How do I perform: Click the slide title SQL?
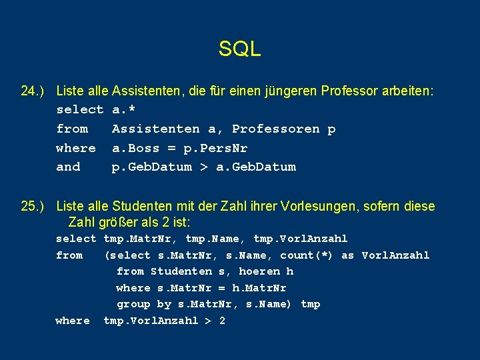click(239, 49)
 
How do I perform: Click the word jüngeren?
click(259, 91)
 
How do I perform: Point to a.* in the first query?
click(125, 110)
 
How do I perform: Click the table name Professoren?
click(275, 129)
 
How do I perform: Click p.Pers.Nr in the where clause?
click(215, 148)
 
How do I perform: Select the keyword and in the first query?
click(68, 167)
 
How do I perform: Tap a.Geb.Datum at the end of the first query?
click(256, 167)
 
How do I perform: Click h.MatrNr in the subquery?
click(259, 288)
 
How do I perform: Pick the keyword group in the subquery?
click(133, 305)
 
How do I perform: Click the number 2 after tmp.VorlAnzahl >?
click(222, 321)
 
